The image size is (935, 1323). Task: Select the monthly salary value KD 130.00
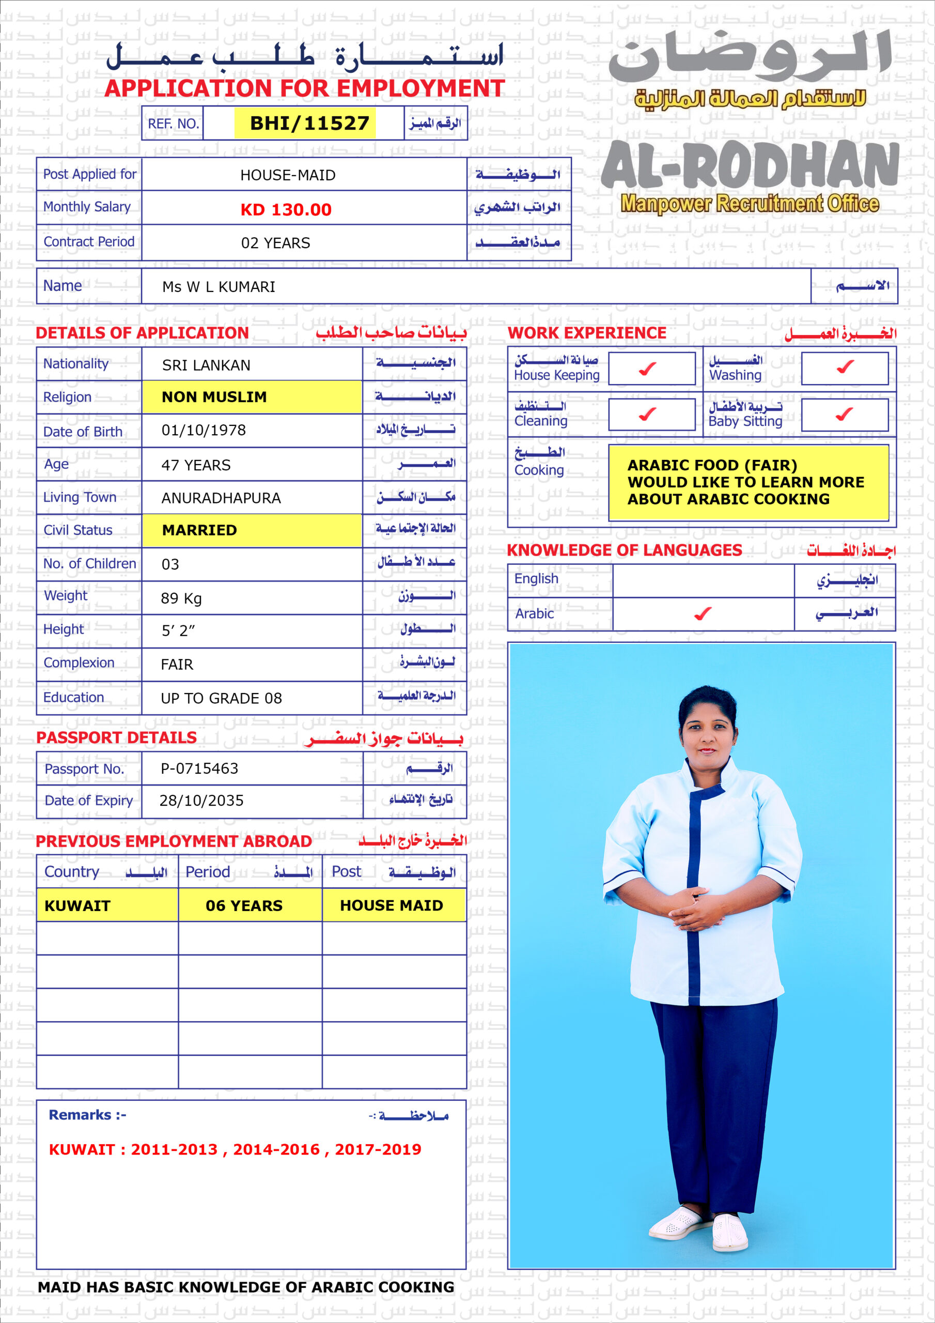pos(286,209)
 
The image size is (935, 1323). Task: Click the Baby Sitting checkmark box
pos(844,414)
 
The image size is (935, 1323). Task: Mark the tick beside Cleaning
pos(648,414)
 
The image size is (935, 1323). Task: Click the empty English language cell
pos(703,580)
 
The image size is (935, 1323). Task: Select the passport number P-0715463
pos(199,768)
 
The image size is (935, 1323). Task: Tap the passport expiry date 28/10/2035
pos(201,801)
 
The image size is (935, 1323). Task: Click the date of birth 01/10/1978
pos(204,430)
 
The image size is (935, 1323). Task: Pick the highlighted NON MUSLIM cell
pos(252,397)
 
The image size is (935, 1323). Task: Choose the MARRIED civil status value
pos(252,530)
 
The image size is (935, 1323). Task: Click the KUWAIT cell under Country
pos(107,905)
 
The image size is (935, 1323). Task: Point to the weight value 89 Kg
pos(181,598)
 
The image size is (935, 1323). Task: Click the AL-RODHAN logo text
pos(750,166)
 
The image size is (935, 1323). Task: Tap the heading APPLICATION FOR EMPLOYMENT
pos(304,88)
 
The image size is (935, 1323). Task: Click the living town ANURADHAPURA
pos(221,498)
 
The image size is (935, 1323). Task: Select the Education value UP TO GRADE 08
pos(221,698)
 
